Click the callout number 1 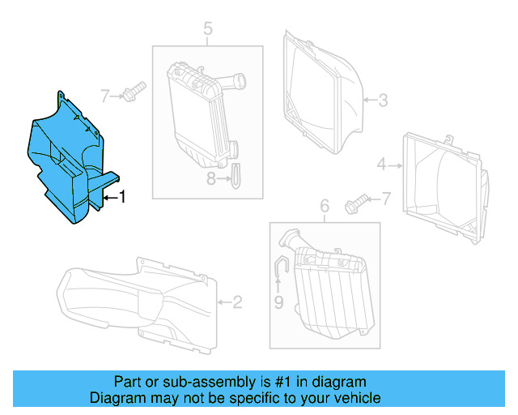coord(122,196)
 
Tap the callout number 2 coord(237,303)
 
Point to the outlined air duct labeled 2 coord(138,300)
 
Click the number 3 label coord(383,101)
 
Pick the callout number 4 coord(381,165)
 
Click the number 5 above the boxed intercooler coord(207,31)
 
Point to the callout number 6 coord(324,207)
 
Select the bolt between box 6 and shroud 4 coord(355,202)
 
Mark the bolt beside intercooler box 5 coord(134,91)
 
